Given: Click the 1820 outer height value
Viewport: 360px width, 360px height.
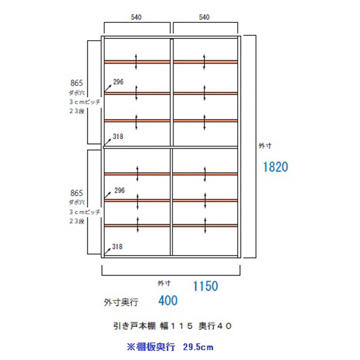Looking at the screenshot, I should click(276, 167).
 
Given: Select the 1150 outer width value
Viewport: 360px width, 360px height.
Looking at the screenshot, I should click(205, 286).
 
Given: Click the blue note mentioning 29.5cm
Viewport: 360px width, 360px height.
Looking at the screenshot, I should click(170, 347).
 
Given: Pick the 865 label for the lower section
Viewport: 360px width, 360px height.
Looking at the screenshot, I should click(76, 193).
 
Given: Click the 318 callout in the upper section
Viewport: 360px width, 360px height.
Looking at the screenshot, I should click(118, 137).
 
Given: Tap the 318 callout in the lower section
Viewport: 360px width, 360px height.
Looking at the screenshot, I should click(118, 246).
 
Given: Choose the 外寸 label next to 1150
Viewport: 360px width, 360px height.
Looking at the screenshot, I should click(164, 282).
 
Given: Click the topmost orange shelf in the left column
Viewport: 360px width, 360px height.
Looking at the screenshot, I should click(137, 61).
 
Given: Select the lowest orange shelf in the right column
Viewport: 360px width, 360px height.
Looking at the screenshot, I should click(206, 225).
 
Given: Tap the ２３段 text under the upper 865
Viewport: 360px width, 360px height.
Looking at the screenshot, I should click(78, 112).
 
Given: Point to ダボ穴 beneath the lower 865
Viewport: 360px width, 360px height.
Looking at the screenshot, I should click(78, 203).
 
